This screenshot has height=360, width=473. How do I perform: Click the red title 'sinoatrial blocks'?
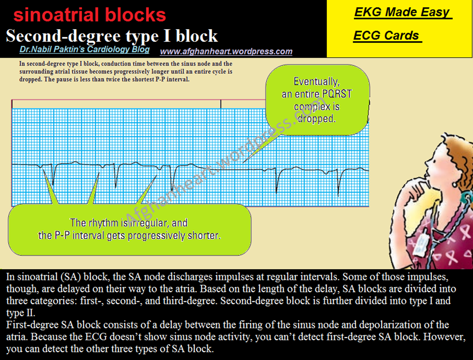(90, 15)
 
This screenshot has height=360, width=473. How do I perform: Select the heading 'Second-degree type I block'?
(112, 36)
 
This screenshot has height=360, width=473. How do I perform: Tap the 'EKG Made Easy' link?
(402, 13)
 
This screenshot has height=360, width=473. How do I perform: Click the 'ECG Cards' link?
(386, 36)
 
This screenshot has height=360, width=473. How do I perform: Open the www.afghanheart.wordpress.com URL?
(226, 51)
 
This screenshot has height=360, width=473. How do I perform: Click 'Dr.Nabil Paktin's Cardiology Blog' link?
(84, 50)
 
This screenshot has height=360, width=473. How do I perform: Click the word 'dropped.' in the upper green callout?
(316, 118)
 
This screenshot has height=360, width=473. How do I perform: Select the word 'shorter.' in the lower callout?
(203, 236)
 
